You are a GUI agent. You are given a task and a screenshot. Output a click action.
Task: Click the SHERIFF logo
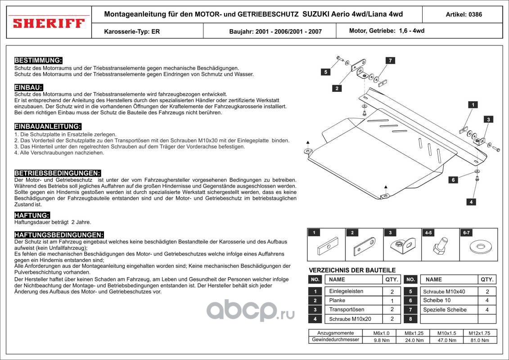click(x=49, y=22)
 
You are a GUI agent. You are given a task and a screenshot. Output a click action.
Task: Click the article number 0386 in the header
click(x=464, y=14)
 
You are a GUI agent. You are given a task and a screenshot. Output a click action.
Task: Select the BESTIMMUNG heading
click(x=38, y=60)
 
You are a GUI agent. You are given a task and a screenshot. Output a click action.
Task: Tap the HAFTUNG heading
click(x=32, y=215)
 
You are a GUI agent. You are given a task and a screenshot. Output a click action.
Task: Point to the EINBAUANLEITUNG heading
click(x=48, y=126)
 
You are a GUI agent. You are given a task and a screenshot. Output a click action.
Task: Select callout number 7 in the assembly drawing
click(x=390, y=60)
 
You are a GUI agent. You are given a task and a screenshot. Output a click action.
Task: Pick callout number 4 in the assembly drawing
click(x=471, y=202)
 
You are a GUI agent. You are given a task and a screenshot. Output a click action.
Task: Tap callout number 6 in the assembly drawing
click(x=453, y=180)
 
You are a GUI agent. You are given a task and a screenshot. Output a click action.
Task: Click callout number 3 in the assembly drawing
click(x=489, y=119)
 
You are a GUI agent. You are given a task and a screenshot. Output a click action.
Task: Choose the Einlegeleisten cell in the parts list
click(x=346, y=291)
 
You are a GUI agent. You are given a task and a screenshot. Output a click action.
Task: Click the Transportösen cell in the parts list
click(x=347, y=310)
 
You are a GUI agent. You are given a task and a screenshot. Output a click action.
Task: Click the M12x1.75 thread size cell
click(x=479, y=333)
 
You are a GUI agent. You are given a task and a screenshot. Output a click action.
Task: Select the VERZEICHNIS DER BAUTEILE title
click(x=352, y=270)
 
